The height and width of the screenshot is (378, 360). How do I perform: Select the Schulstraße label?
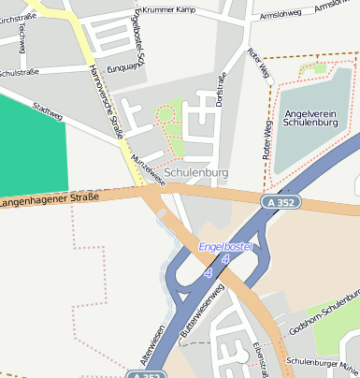pos(17,71)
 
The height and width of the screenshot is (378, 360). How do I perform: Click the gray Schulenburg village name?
pos(196,173)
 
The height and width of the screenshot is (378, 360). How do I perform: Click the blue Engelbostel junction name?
pos(228,247)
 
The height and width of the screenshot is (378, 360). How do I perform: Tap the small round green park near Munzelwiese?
pos(166,114)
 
